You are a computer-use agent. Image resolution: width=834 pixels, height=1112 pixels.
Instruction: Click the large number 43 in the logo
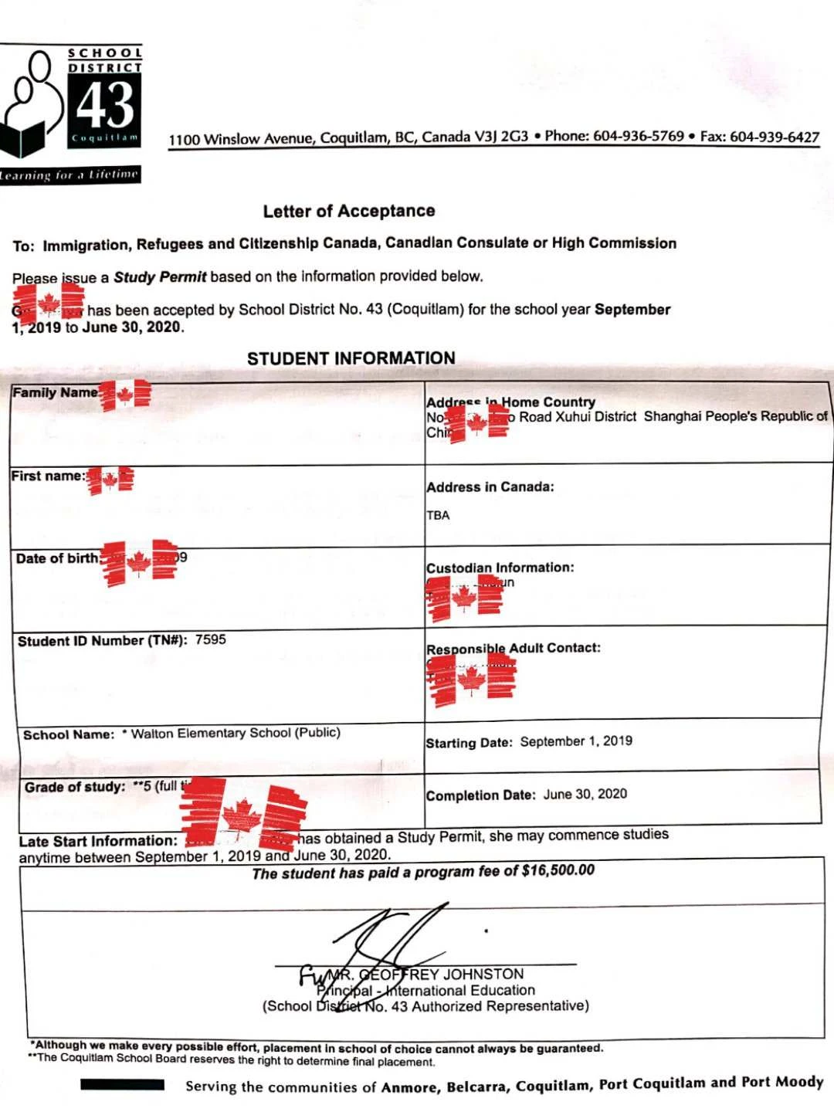[x=106, y=105]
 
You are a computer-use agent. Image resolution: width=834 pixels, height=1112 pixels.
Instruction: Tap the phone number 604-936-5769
[x=638, y=136]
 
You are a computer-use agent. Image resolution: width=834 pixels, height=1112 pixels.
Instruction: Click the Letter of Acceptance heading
[x=348, y=211]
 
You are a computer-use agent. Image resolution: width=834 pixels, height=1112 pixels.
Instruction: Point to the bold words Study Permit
[x=160, y=276]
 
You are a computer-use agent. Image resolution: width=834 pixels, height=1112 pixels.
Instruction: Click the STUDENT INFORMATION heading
[x=351, y=358]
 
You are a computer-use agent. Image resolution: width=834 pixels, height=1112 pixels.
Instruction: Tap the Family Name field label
[x=55, y=392]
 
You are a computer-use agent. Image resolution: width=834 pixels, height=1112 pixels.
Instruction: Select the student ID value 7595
[x=210, y=639]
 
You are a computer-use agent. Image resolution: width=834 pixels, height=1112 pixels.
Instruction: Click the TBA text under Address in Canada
[x=438, y=515]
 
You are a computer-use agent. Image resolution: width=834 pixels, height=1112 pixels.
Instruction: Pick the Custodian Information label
[x=500, y=568]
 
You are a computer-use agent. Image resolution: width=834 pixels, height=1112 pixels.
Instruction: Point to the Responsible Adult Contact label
[x=514, y=648]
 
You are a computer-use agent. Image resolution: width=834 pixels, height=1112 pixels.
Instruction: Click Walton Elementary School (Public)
[x=236, y=733]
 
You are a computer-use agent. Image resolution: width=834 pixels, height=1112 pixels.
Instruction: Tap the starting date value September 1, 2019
[x=576, y=741]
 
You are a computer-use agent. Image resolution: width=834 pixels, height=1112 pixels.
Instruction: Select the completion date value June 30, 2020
[x=585, y=794]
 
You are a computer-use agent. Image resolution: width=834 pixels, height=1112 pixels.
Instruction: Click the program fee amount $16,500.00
[x=558, y=870]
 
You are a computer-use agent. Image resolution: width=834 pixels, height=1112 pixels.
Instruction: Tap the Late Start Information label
[x=98, y=841]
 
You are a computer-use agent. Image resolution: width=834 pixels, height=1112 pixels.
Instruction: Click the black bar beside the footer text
[x=122, y=1085]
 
